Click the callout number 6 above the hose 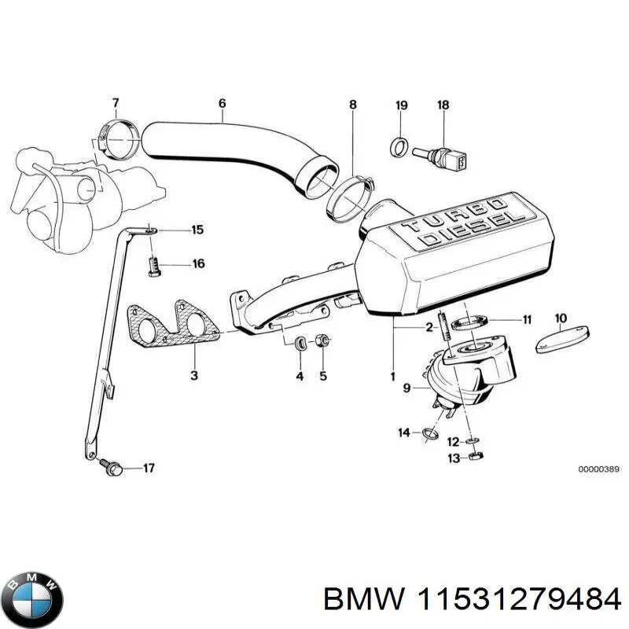(x=222, y=103)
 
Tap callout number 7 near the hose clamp (x=115, y=103)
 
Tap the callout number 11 (x=527, y=319)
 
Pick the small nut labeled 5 (x=321, y=342)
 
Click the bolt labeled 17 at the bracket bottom (x=111, y=469)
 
